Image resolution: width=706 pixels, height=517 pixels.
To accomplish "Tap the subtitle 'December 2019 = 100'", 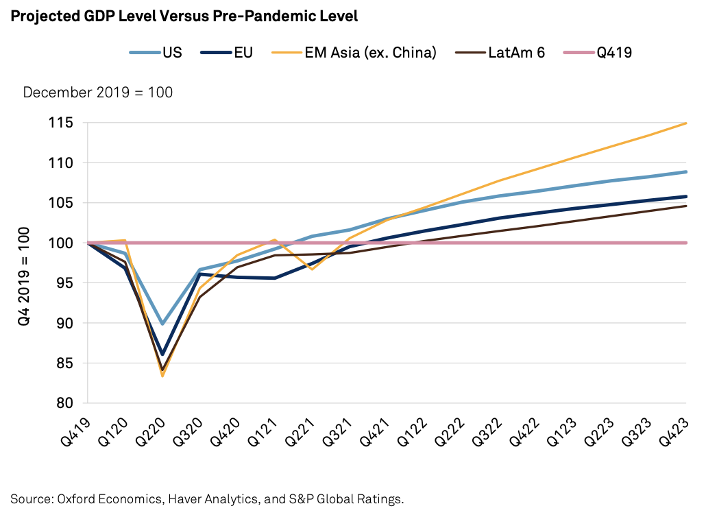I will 98,93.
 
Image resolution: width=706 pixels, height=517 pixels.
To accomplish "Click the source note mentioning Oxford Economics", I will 207,498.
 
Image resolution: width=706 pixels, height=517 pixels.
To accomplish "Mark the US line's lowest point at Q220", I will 162,323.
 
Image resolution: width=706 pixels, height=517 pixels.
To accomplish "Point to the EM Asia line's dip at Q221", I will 312,269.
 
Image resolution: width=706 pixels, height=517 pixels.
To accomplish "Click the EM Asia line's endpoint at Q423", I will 686,123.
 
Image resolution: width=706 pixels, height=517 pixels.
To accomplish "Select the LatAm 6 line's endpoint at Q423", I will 686,206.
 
